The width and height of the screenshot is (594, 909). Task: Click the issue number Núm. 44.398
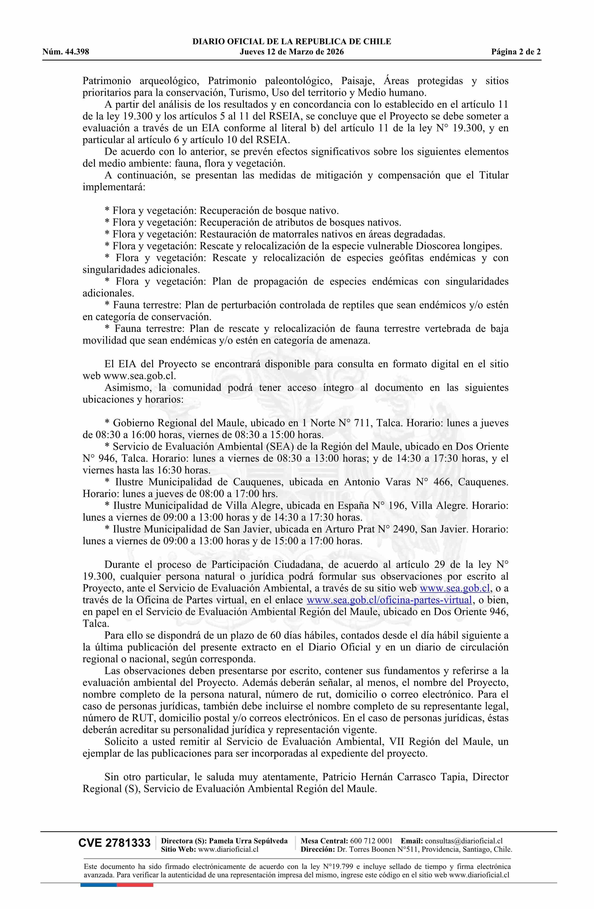tap(66, 52)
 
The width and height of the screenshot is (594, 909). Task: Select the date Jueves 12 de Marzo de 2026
tap(292, 52)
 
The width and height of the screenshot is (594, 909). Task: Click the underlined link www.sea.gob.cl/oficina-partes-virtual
tap(390, 600)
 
